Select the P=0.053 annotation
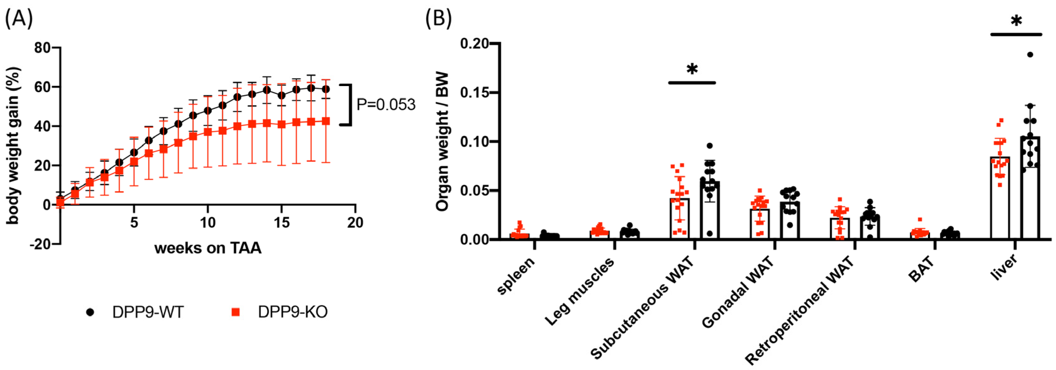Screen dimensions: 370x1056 click(x=386, y=105)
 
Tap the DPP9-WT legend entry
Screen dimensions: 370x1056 click(x=135, y=312)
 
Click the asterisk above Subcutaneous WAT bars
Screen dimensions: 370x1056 click(x=692, y=69)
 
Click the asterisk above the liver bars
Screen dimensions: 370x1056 click(x=1016, y=20)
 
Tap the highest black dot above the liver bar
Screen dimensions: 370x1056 click(x=1030, y=55)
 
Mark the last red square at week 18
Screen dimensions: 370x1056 click(x=326, y=121)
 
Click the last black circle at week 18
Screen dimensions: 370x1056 click(x=326, y=89)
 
